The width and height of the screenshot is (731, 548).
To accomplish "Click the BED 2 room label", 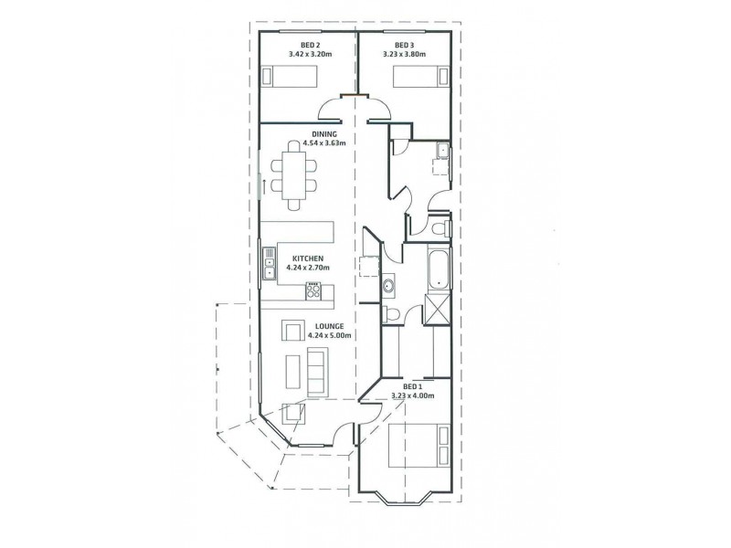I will (310, 45).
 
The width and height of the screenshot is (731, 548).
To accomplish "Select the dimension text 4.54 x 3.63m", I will (300, 142).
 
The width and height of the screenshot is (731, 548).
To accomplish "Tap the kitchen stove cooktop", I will (313, 292).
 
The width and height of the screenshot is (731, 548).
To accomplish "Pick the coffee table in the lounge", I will (293, 371).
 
